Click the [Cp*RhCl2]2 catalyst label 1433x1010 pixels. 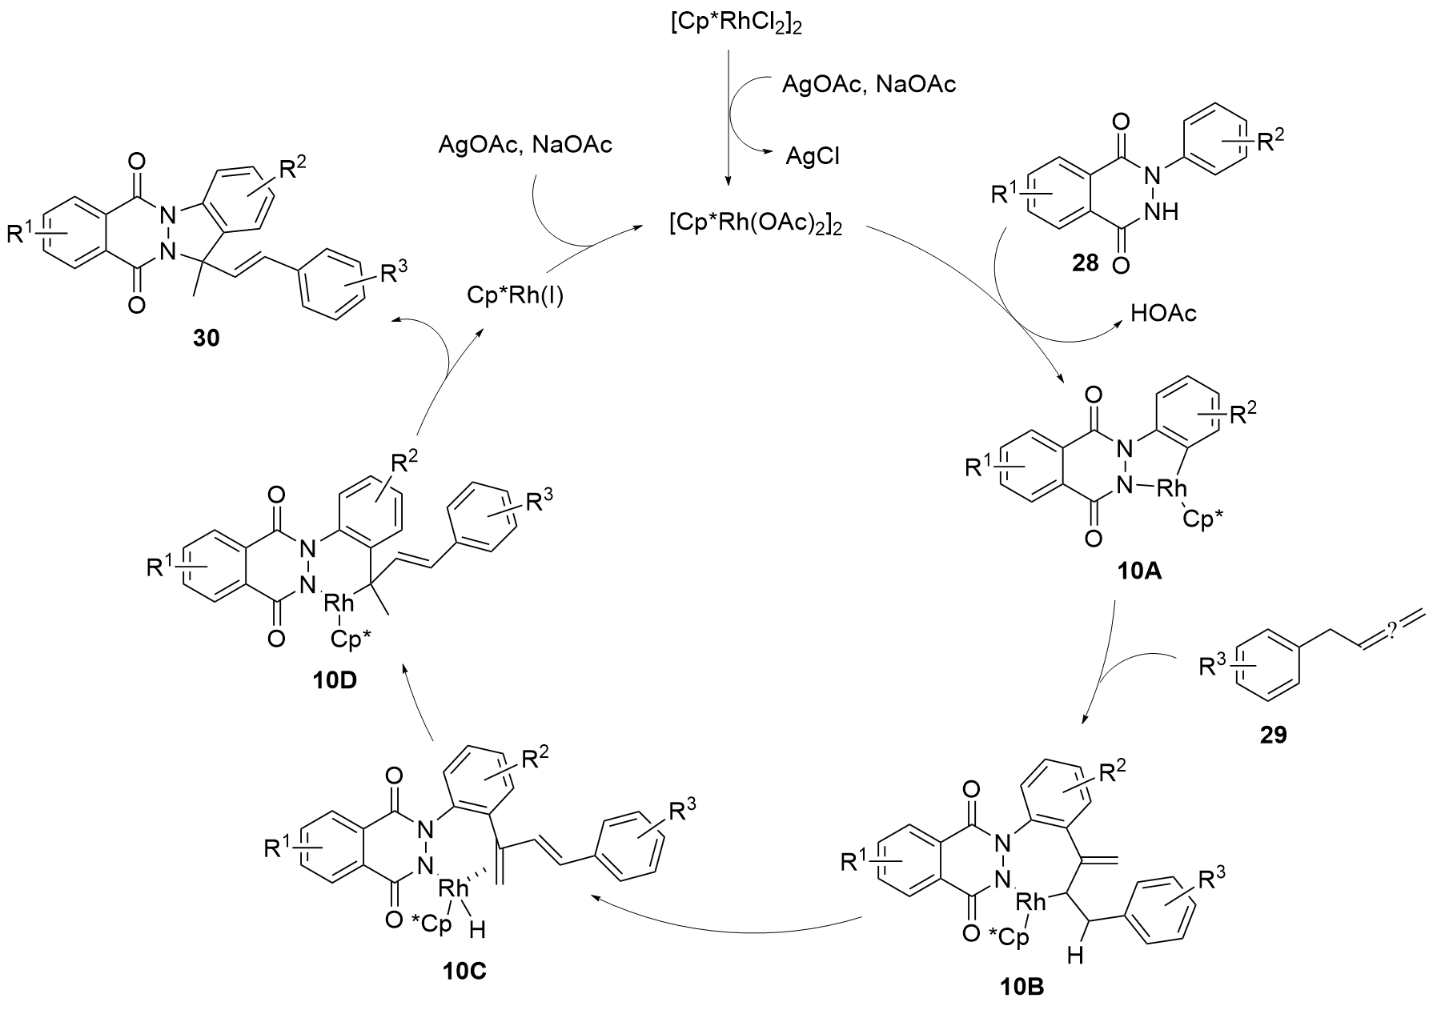point(727,25)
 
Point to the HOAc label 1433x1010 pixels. point(1163,313)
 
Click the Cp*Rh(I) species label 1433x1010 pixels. point(515,297)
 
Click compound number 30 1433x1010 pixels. point(206,339)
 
